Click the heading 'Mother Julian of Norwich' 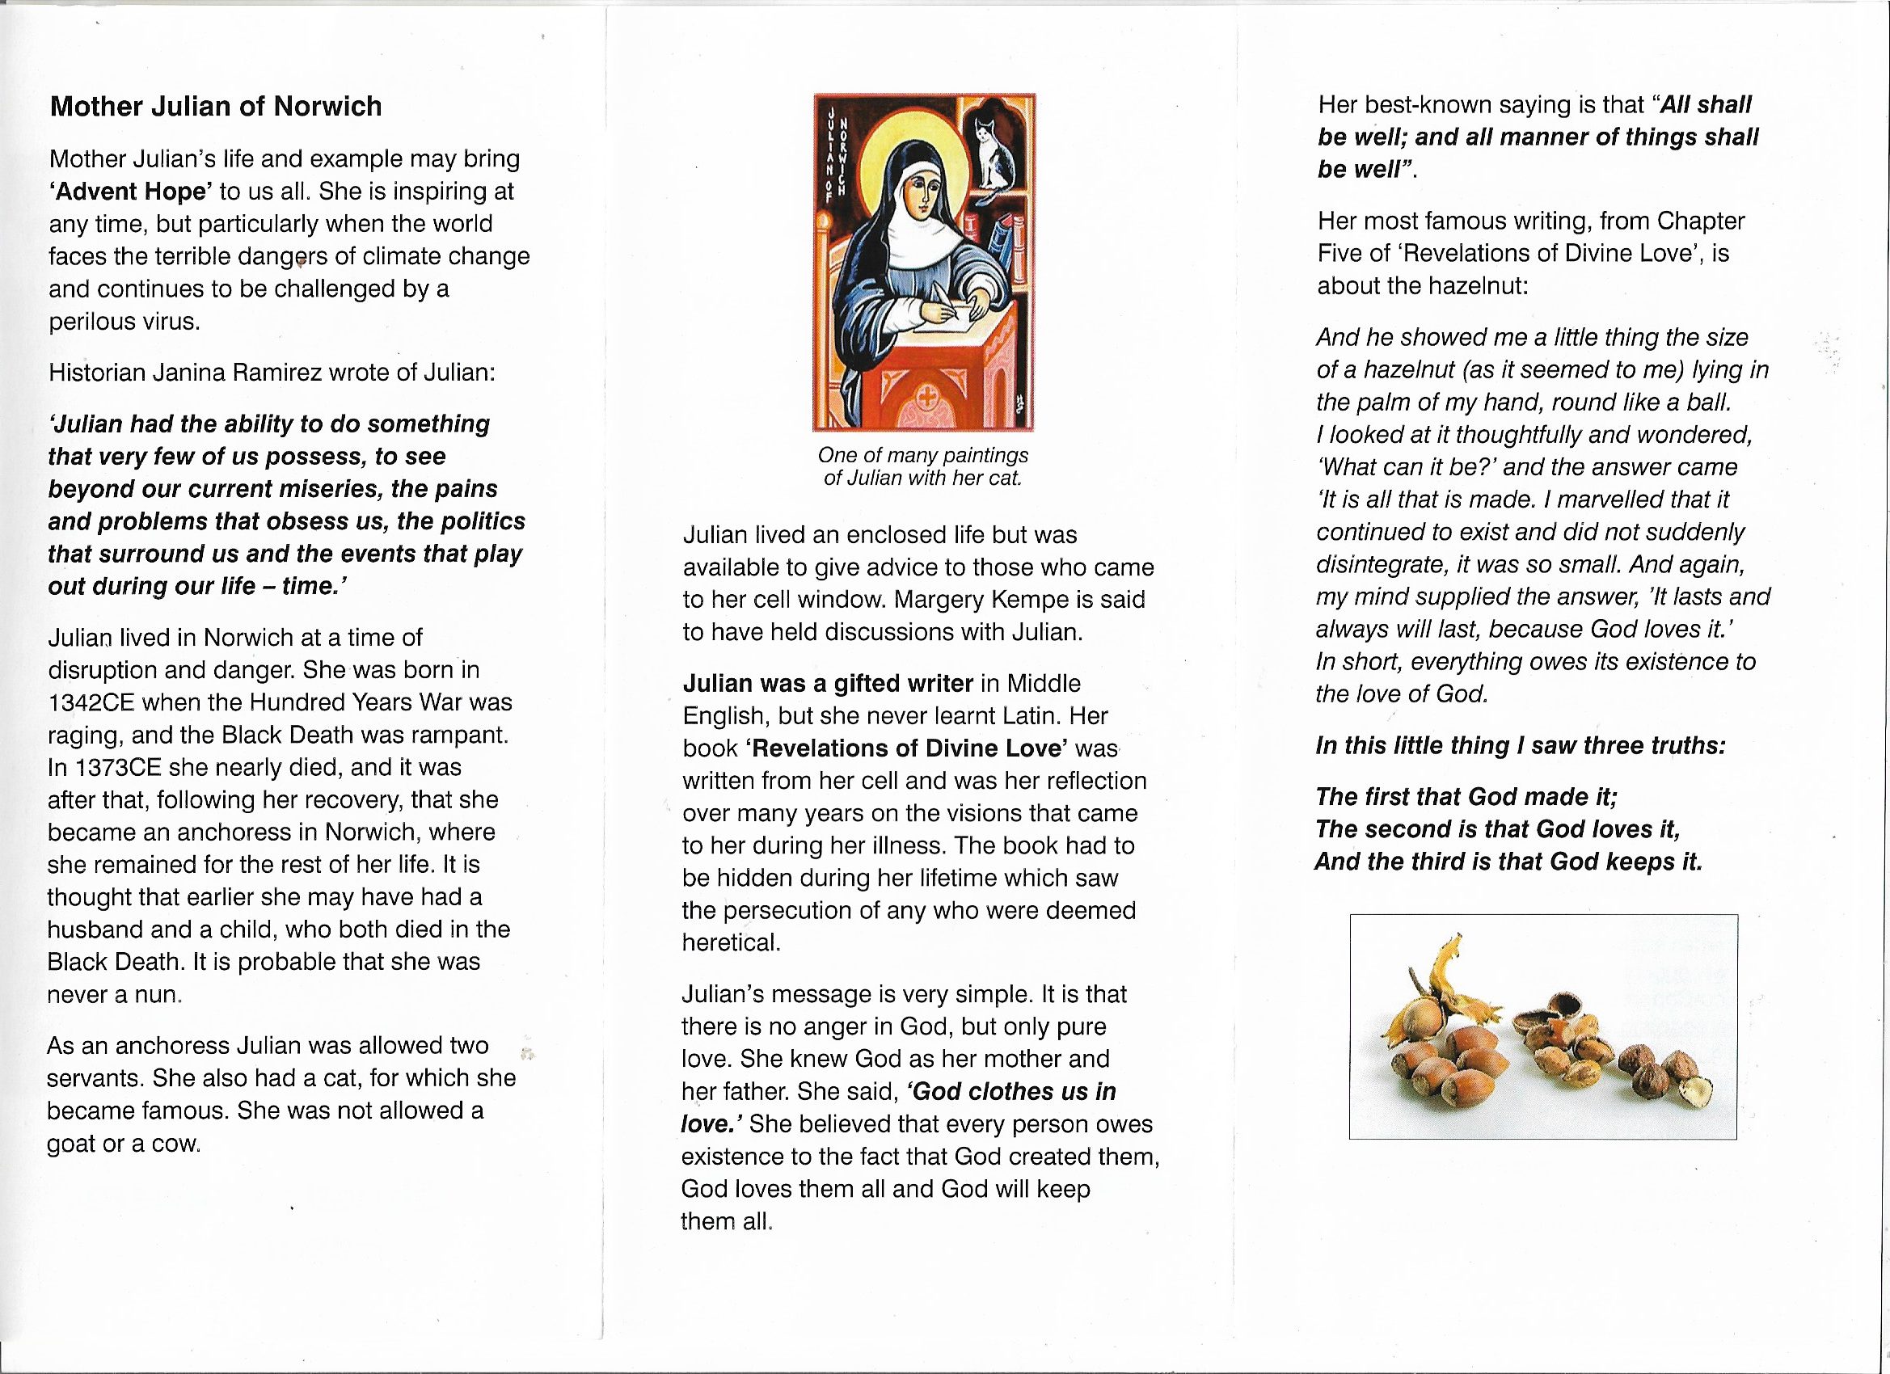(x=216, y=107)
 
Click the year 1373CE (x=102, y=767)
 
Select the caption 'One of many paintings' (x=922, y=456)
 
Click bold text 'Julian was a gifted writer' (x=828, y=684)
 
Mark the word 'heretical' (x=731, y=942)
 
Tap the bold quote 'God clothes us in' (x=1010, y=1092)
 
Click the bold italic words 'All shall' (x=1705, y=105)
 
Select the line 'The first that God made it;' (x=1466, y=798)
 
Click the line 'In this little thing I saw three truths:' (x=1520, y=746)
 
